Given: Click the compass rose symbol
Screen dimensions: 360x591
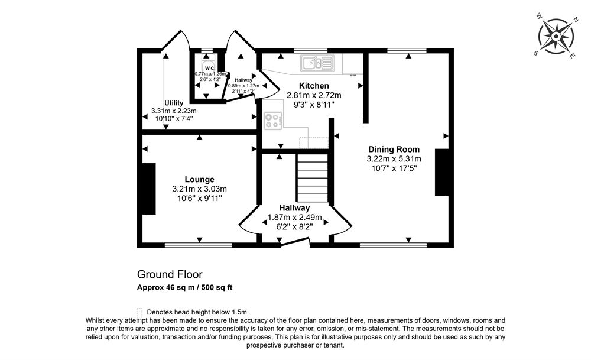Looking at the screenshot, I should click(556, 37).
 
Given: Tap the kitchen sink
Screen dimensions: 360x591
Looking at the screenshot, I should click(317, 63).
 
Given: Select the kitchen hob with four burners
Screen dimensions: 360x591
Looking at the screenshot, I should click(273, 120).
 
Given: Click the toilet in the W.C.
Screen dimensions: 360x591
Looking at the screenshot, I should click(206, 66).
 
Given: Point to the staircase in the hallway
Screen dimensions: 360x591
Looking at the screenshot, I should click(311, 177).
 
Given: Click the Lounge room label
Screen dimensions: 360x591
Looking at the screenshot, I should click(199, 179).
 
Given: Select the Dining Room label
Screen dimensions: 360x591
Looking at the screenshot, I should click(394, 149).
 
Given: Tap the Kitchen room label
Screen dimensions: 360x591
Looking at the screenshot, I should click(314, 86).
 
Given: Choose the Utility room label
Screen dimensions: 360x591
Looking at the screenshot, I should click(174, 102).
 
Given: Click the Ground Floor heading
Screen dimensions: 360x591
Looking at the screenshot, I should click(170, 274).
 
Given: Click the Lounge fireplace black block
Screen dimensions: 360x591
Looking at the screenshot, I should click(148, 189).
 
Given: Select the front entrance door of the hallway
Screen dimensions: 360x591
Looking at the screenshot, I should click(295, 242).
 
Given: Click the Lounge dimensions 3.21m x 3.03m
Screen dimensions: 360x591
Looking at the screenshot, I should click(199, 189).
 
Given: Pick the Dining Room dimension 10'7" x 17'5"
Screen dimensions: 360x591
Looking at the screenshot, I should click(394, 168).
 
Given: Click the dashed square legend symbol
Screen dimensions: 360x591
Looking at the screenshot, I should click(139, 312).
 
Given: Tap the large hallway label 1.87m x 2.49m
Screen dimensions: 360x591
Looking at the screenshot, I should click(294, 217).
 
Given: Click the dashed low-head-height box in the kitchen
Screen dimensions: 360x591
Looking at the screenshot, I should click(314, 142).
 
